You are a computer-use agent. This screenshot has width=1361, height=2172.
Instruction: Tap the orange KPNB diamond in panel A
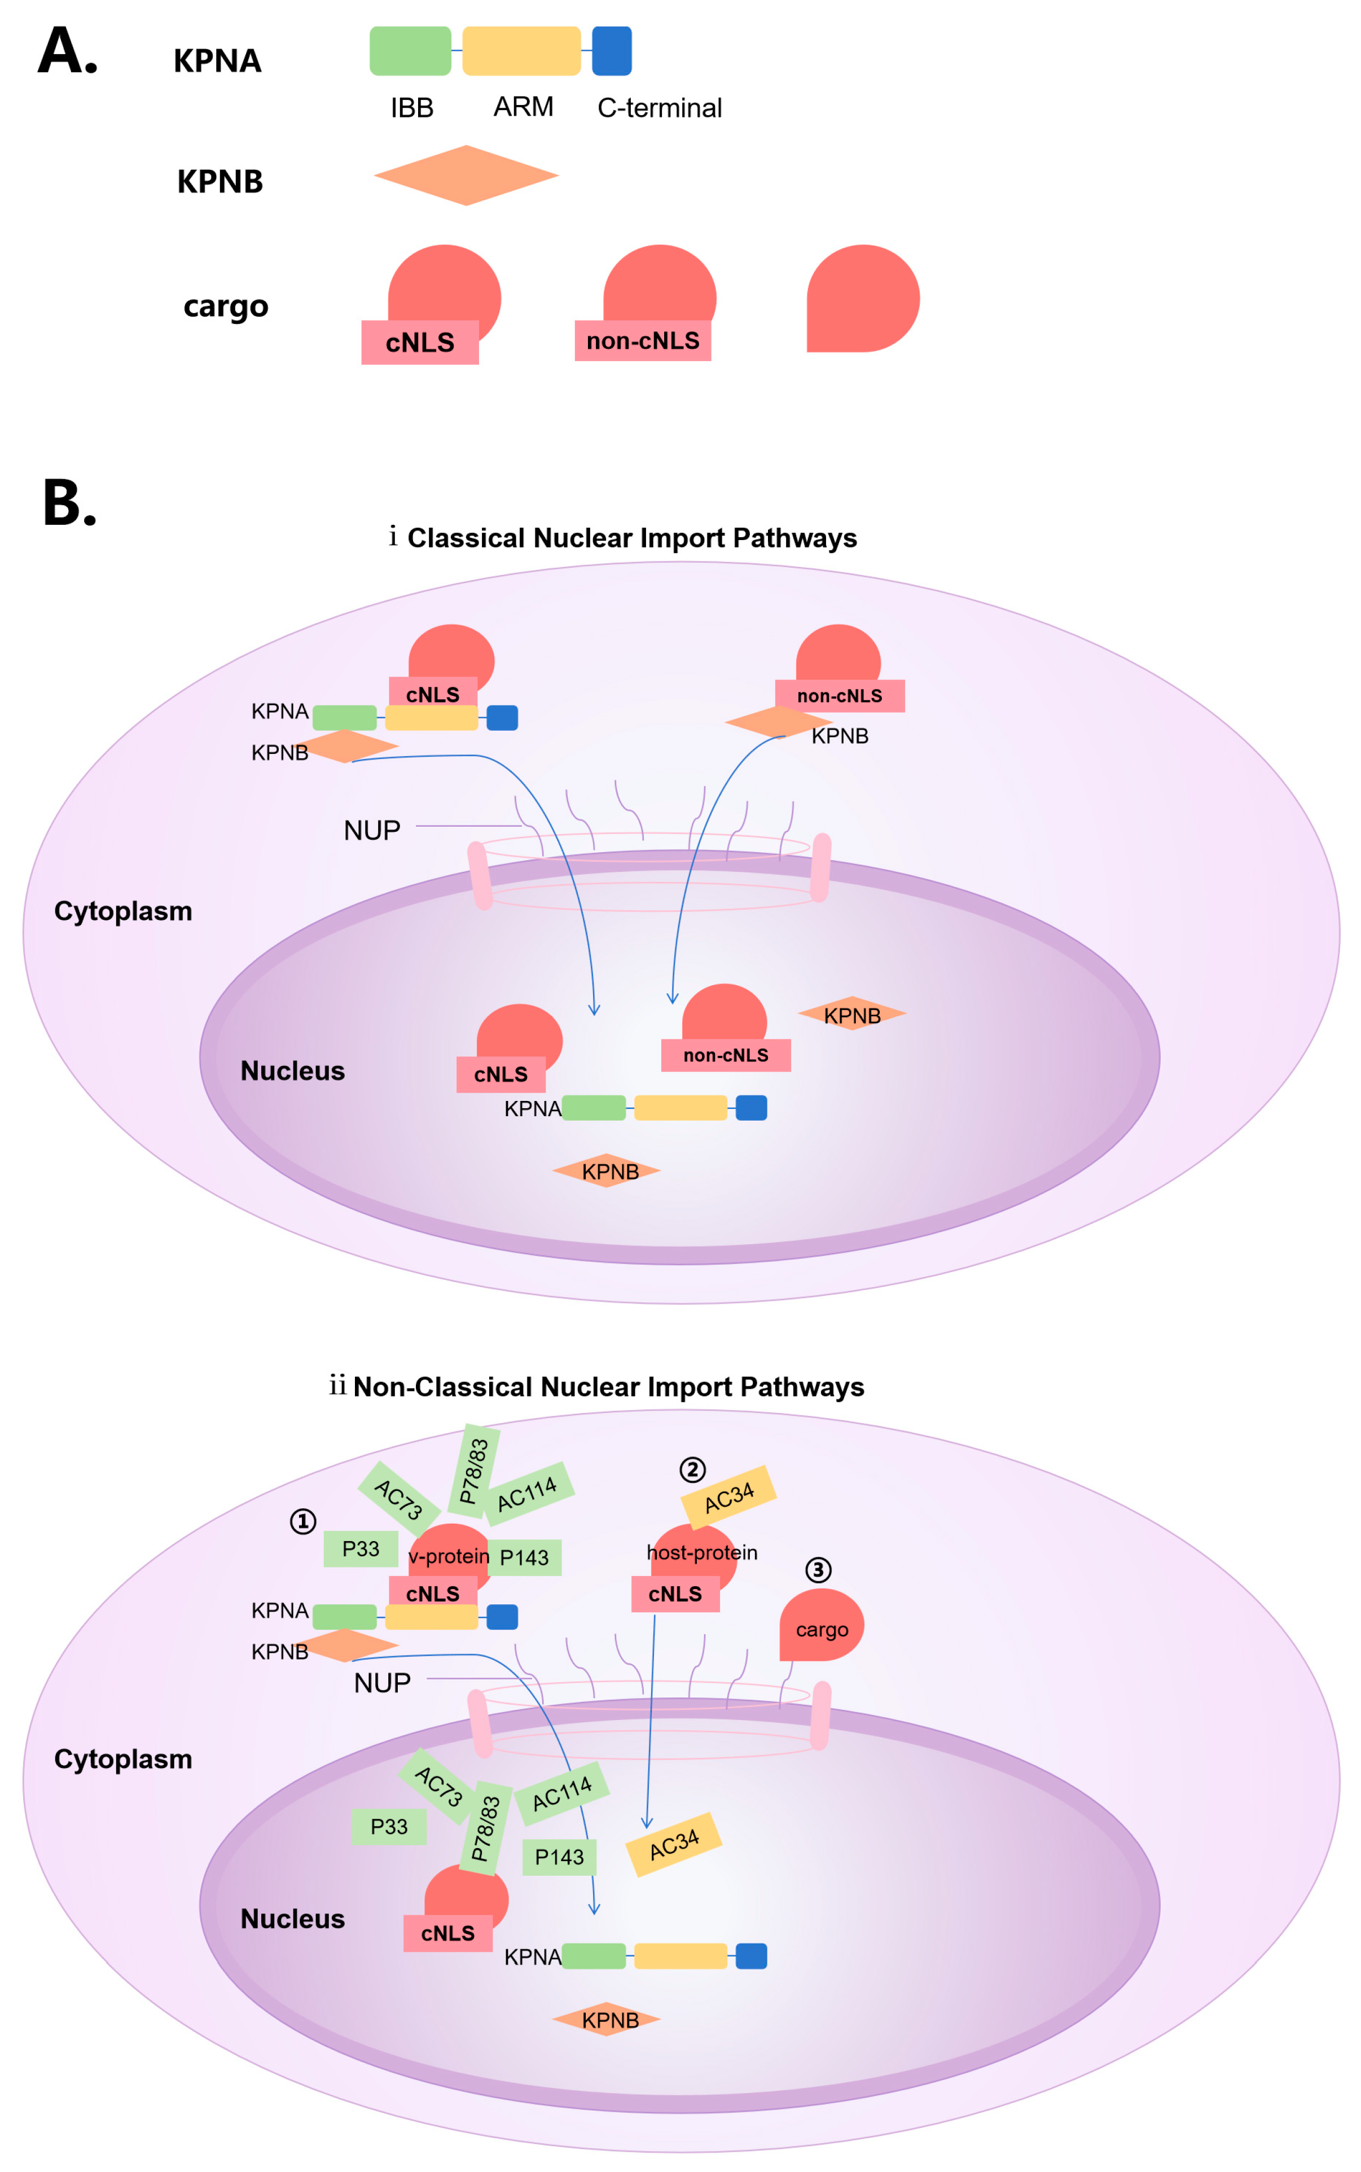click(466, 175)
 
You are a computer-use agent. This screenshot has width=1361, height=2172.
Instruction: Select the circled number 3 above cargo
click(817, 1570)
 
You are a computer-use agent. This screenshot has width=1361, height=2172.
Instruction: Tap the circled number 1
click(302, 1521)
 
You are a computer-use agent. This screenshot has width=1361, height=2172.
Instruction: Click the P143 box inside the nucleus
click(559, 1857)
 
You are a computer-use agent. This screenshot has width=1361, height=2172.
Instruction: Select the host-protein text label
click(702, 1553)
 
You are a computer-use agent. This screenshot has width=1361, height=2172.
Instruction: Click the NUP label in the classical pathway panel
click(372, 830)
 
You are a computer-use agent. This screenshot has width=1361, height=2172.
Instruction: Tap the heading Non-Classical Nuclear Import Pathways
click(608, 1387)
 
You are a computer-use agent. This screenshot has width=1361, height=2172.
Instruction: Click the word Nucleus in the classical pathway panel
click(292, 1071)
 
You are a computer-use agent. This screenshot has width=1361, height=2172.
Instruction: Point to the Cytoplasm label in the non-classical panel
click(124, 1759)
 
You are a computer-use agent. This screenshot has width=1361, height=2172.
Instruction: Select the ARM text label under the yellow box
click(523, 107)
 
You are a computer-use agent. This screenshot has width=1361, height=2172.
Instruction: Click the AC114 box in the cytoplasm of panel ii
click(528, 1493)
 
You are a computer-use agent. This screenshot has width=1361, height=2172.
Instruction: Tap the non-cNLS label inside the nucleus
click(726, 1055)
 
